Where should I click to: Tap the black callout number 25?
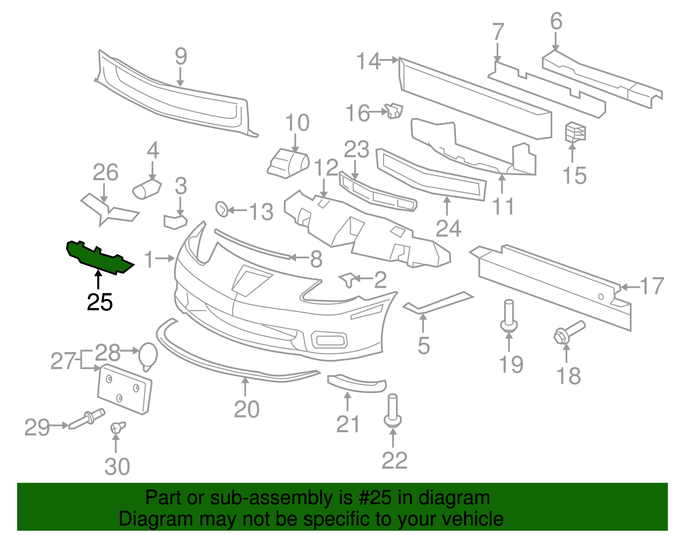(100, 302)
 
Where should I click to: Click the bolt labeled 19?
(509, 317)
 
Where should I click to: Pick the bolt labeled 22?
(393, 411)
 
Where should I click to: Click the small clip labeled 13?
(222, 209)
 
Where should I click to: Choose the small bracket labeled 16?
(394, 111)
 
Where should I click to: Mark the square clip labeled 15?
(575, 132)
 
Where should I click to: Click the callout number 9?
(181, 56)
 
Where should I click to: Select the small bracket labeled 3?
(175, 221)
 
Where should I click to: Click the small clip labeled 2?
(348, 280)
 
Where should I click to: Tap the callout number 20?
(247, 409)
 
